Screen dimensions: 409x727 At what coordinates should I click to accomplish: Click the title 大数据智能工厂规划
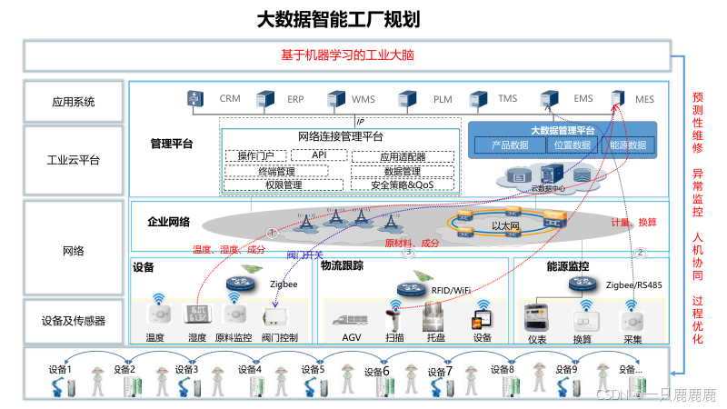pyautogui.click(x=338, y=19)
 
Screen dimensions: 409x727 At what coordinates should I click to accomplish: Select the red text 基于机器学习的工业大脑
pyautogui.click(x=348, y=55)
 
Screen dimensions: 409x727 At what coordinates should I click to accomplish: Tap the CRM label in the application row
pyautogui.click(x=229, y=98)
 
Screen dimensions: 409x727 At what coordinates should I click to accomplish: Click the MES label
pyautogui.click(x=644, y=98)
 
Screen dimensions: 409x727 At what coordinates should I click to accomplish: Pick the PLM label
pyautogui.click(x=443, y=98)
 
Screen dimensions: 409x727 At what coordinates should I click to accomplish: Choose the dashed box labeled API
pyautogui.click(x=319, y=155)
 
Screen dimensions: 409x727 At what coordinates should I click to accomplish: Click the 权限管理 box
pyautogui.click(x=283, y=185)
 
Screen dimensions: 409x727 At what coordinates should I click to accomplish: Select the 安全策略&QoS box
pyautogui.click(x=402, y=185)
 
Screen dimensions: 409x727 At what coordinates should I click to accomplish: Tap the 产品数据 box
pyautogui.click(x=510, y=145)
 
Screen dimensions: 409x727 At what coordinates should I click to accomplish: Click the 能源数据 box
pyautogui.click(x=627, y=145)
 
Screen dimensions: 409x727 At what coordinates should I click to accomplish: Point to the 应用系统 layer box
pyautogui.click(x=74, y=102)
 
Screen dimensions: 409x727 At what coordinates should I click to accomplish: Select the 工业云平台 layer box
pyautogui.click(x=74, y=161)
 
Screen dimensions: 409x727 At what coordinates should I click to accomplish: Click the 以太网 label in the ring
pyautogui.click(x=504, y=225)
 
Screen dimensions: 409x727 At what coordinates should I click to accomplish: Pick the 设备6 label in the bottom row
pyautogui.click(x=376, y=371)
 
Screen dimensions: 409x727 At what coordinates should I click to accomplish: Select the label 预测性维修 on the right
pyautogui.click(x=698, y=122)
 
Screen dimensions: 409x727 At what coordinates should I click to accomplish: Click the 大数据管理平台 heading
pyautogui.click(x=563, y=131)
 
